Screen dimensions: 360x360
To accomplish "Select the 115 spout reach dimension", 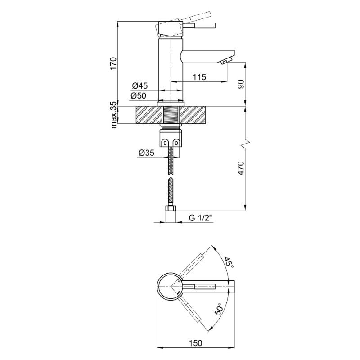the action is click(x=199, y=77).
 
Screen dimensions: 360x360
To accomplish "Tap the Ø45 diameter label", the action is click(x=139, y=86).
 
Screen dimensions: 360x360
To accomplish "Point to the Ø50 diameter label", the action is click(x=138, y=96).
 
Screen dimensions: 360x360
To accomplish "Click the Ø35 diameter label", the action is click(x=147, y=153).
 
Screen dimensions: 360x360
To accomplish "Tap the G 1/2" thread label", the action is click(x=200, y=218).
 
